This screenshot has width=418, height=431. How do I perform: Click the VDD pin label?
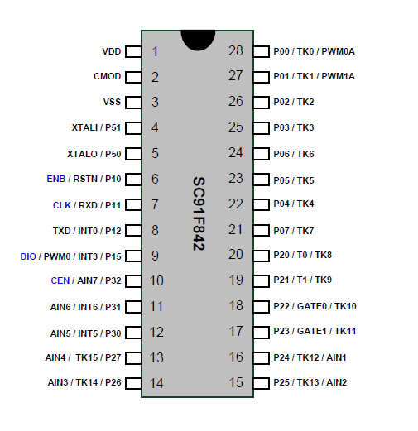[x=112, y=51]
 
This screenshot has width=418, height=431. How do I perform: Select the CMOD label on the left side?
[x=108, y=76]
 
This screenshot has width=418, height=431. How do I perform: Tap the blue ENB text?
[x=56, y=179]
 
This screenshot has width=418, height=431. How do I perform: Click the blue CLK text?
[x=62, y=205]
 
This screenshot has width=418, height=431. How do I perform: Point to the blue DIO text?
[x=28, y=256]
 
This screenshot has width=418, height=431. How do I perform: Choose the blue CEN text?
[x=60, y=280]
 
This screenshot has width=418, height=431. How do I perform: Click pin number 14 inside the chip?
[x=156, y=383]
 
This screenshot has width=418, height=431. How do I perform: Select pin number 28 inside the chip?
[x=236, y=51]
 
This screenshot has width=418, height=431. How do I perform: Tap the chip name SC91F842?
[x=199, y=213]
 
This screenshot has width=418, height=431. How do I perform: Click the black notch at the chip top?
[x=198, y=39]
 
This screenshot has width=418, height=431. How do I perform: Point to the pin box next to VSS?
[x=133, y=103]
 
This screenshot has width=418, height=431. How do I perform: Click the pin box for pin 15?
[x=261, y=383]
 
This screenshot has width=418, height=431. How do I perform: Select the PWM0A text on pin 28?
[x=338, y=51]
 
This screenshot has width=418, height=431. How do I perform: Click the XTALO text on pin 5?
[x=82, y=154]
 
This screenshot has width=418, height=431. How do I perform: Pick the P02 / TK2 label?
[x=294, y=102]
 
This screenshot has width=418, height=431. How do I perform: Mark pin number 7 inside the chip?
[x=155, y=204]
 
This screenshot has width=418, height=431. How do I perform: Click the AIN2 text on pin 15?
[x=337, y=382]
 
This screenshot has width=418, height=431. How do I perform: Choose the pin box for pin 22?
[x=261, y=204]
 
